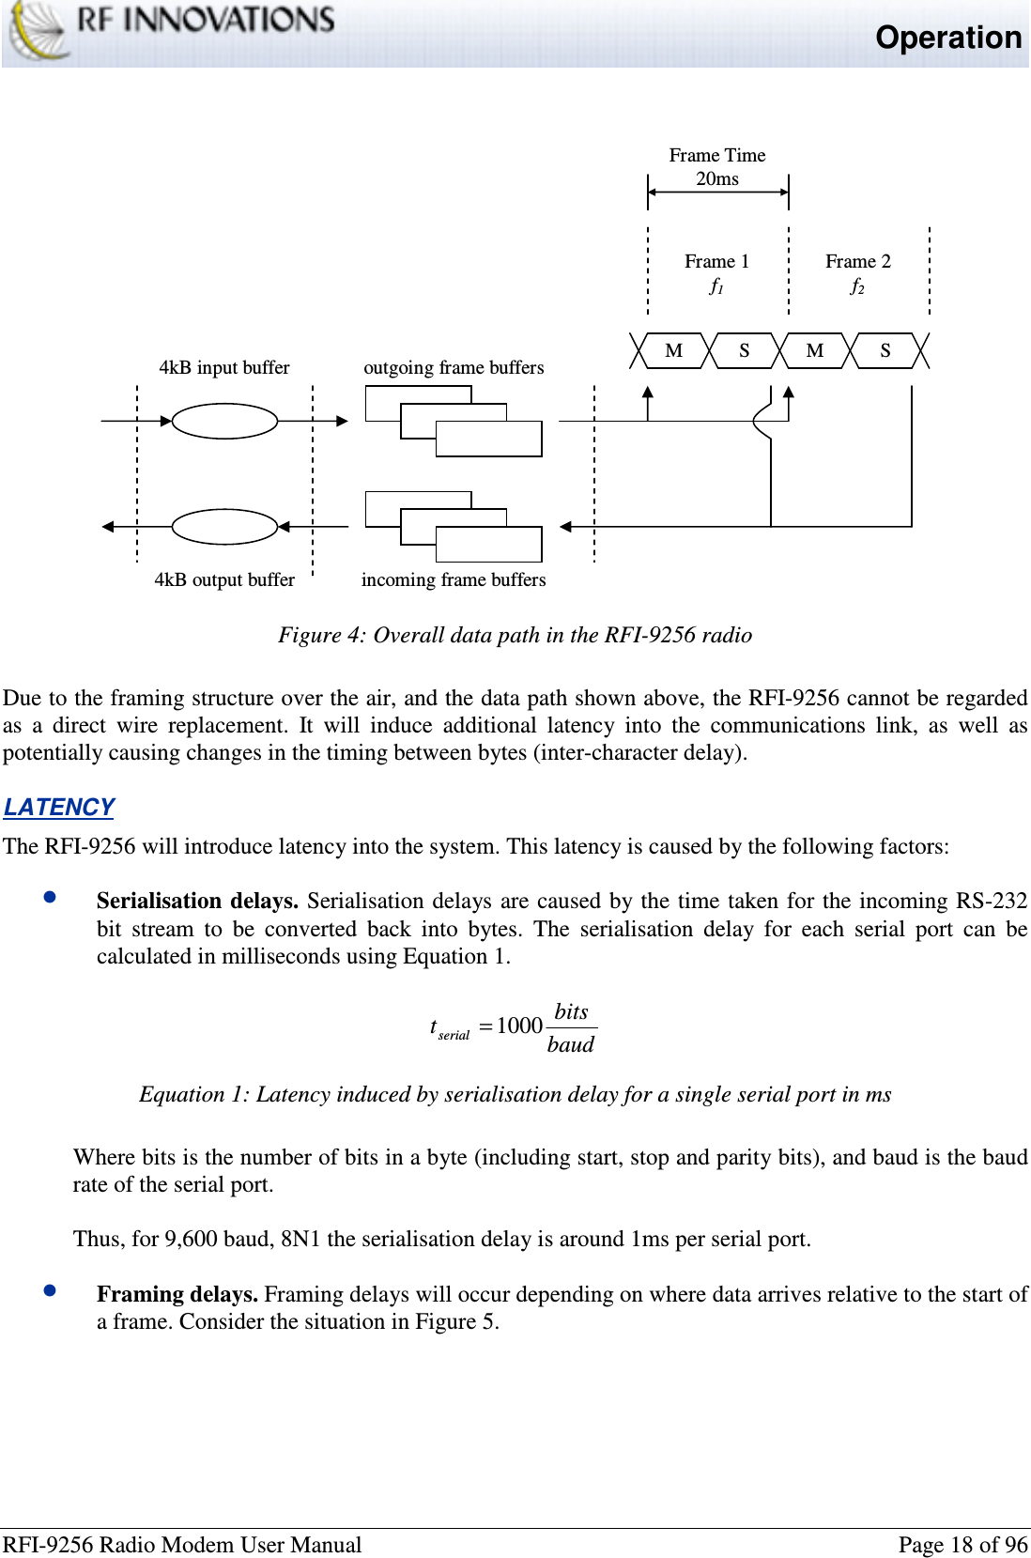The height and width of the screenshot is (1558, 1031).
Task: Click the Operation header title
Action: [947, 38]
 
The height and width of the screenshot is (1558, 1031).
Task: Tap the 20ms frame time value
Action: [716, 178]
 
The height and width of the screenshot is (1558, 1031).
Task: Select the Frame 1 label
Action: [716, 261]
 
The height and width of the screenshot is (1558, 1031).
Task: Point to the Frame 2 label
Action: [857, 261]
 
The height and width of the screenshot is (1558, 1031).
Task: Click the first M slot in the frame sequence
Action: [673, 350]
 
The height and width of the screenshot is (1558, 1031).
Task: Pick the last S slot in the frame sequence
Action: [885, 350]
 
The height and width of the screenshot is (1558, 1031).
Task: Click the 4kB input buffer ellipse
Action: [224, 421]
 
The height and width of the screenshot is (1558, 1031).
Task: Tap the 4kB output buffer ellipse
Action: [224, 527]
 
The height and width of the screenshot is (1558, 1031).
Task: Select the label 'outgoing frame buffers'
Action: [454, 367]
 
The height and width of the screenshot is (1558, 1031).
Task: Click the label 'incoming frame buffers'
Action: [454, 579]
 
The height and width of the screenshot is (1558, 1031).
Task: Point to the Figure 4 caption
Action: [515, 635]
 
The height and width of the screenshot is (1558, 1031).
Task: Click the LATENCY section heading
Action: [59, 807]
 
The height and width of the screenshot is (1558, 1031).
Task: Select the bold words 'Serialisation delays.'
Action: [197, 901]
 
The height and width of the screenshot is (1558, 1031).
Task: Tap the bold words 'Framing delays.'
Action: [177, 1294]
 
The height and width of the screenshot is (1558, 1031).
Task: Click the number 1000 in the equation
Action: [519, 1026]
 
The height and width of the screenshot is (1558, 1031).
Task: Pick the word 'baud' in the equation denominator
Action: [571, 1044]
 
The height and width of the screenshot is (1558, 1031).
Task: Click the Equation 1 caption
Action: [515, 1094]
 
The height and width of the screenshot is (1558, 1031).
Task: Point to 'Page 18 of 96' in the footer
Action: [962, 1545]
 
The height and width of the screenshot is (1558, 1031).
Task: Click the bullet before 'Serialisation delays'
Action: [51, 897]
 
